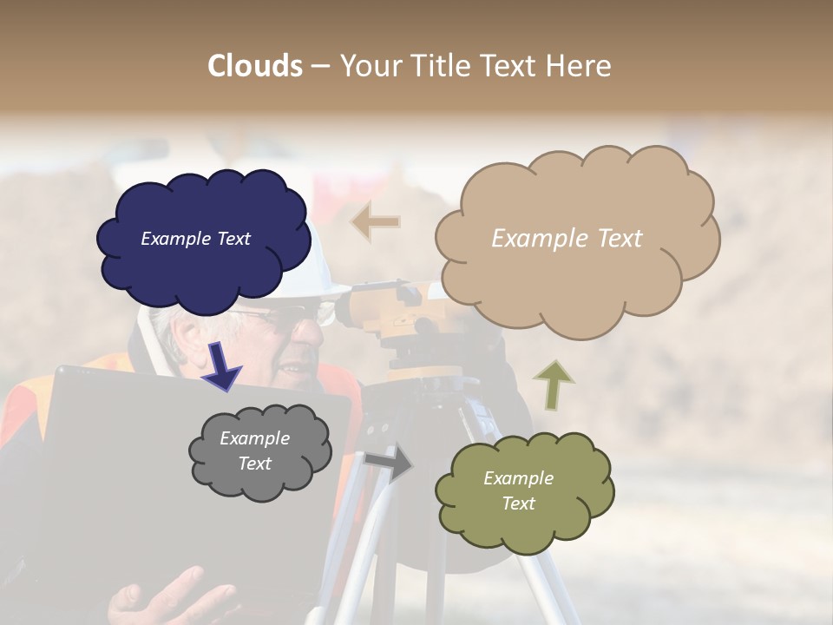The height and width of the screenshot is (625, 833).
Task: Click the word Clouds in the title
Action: point(255,66)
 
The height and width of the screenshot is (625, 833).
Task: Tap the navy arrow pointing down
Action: point(222,365)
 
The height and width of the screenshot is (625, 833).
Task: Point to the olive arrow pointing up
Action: point(553,385)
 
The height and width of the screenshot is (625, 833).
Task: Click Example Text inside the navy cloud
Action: point(195,239)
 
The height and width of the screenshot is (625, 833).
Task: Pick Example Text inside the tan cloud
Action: point(567,239)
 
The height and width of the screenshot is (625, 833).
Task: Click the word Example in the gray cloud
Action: point(254,438)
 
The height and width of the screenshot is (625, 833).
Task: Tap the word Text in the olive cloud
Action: point(518,503)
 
